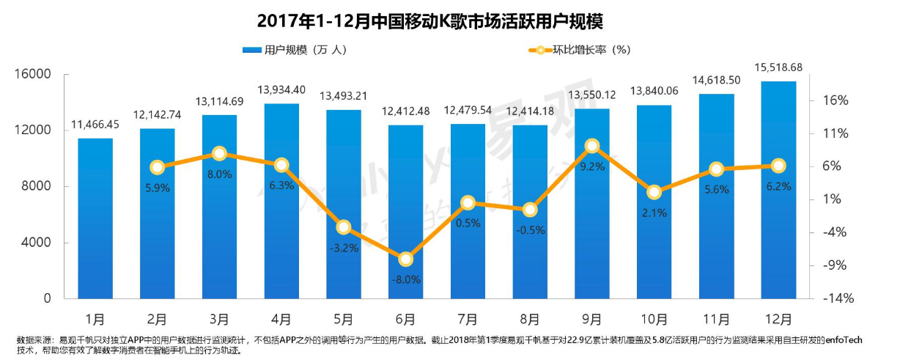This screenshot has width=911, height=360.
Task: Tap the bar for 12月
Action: [778, 191]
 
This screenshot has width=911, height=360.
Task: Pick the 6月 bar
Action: [405, 213]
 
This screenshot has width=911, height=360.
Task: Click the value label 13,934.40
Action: [281, 90]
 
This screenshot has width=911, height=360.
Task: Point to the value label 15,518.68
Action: [778, 67]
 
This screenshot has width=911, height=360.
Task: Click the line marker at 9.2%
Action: [592, 146]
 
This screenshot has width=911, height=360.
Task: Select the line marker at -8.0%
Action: [405, 259]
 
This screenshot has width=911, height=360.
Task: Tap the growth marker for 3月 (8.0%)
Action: [219, 153]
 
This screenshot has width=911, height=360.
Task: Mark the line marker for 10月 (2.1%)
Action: [654, 192]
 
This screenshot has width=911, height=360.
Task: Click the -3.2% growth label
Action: [344, 248]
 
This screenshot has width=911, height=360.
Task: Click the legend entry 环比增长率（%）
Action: [580, 50]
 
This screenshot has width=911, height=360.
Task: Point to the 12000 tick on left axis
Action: [35, 131]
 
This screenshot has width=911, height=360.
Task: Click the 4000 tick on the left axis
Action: [38, 243]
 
